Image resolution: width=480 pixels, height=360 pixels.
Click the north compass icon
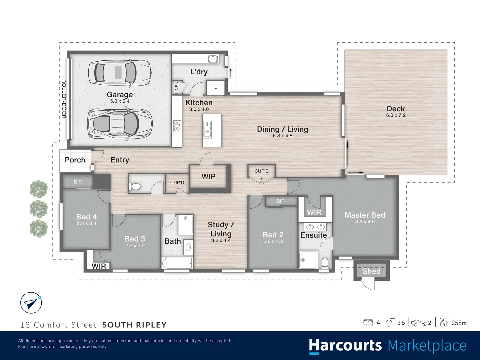(31, 303)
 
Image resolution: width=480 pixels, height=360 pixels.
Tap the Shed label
(371, 271)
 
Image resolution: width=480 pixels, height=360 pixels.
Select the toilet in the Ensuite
(325, 263)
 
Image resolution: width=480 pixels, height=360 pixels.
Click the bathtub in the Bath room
(177, 263)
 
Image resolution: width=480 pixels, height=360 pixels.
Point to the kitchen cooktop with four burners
(177, 126)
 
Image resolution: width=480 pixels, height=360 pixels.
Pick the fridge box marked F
(215, 88)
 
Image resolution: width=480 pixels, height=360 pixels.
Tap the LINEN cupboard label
(177, 88)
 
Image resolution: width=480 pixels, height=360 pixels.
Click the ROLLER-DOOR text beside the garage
(64, 99)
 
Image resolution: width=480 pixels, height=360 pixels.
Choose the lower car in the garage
(119, 124)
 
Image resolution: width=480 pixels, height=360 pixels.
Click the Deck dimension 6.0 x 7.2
(396, 115)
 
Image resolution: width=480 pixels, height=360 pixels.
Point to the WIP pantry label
(208, 176)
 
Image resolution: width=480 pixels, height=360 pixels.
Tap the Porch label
(75, 160)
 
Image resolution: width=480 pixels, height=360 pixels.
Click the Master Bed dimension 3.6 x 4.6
(365, 222)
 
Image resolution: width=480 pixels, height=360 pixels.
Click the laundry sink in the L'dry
(213, 59)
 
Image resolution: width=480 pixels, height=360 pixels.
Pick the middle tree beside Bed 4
(39, 209)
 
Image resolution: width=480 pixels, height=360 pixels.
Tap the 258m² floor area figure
(459, 323)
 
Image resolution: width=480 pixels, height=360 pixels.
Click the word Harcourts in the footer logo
(345, 345)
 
